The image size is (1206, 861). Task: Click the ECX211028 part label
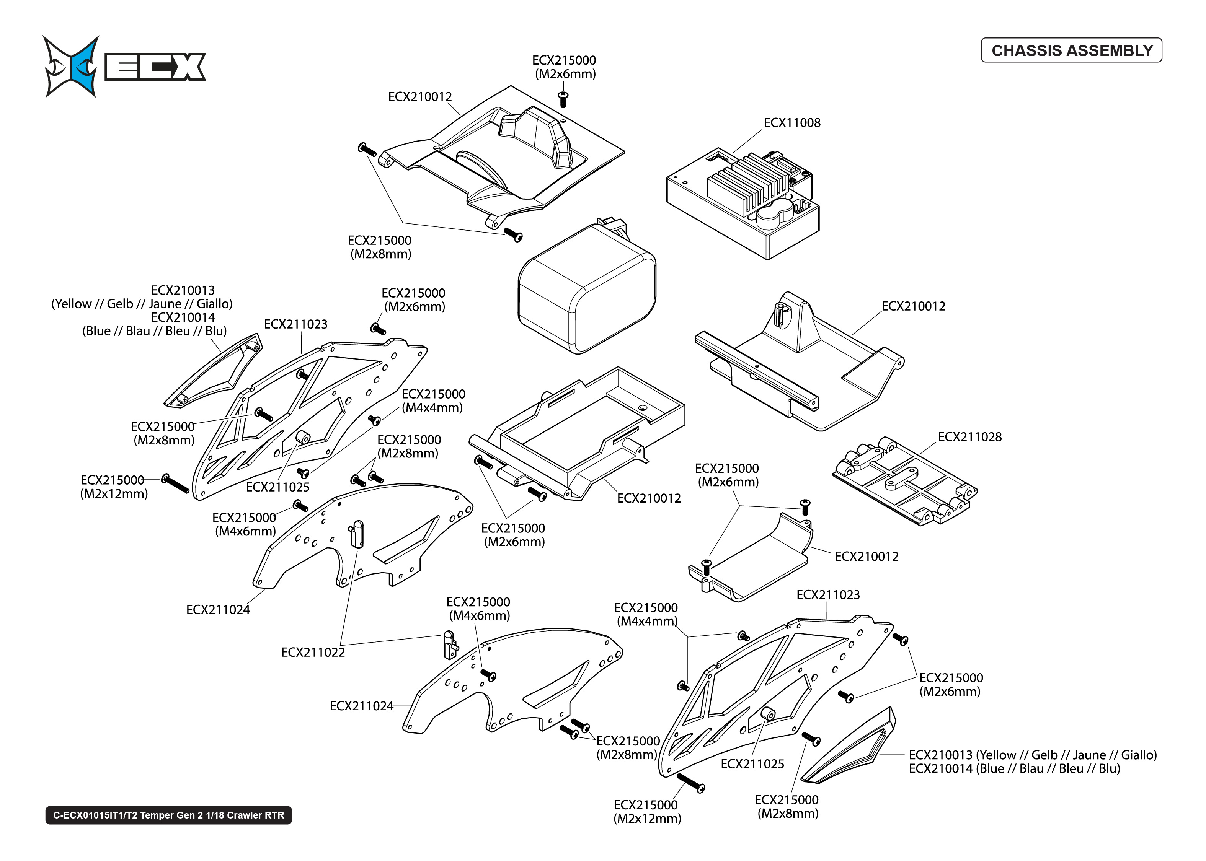click(x=969, y=437)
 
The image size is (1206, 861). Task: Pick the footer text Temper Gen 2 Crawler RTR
click(x=169, y=815)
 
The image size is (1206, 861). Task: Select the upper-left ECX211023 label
click(x=295, y=324)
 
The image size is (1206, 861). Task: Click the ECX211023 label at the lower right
click(x=827, y=595)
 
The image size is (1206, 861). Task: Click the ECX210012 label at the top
click(x=419, y=96)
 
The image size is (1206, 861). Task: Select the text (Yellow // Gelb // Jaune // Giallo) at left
click(x=142, y=304)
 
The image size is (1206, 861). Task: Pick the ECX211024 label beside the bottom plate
click(x=361, y=706)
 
